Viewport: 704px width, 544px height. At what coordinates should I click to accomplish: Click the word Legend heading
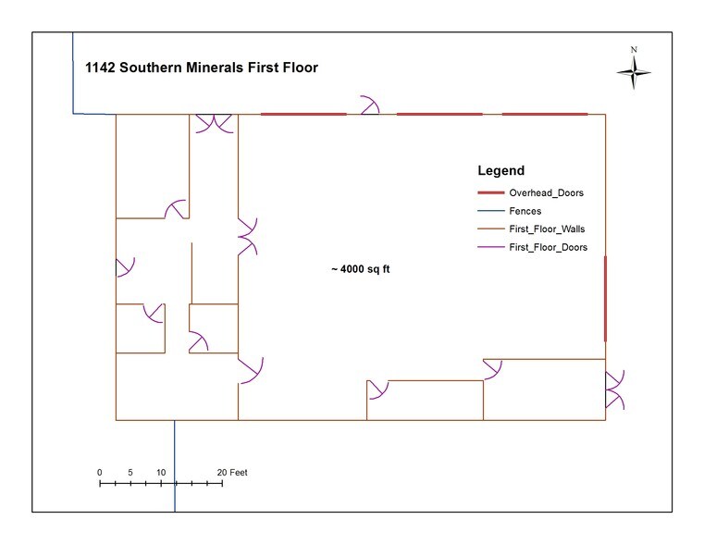tap(500, 170)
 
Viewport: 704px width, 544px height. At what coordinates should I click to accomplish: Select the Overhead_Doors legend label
tap(546, 193)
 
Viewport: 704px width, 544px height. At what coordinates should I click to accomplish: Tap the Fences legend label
tap(525, 211)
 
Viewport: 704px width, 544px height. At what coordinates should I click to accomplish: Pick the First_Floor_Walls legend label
tap(547, 229)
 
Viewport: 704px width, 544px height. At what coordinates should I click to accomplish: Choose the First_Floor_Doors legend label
tap(548, 247)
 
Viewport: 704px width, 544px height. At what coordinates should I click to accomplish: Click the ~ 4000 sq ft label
tap(361, 269)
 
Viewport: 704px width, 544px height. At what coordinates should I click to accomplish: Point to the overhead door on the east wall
tap(605, 299)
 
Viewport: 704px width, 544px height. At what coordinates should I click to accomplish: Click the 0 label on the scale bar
tap(100, 472)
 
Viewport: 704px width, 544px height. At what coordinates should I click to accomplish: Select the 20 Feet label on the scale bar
tap(232, 472)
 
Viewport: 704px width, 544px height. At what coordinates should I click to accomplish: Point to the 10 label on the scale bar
tap(161, 472)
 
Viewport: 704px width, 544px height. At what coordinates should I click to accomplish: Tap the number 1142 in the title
tap(100, 68)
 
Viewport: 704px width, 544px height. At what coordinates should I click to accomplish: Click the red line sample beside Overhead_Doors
tap(490, 193)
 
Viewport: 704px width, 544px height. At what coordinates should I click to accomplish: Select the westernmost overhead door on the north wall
tap(303, 114)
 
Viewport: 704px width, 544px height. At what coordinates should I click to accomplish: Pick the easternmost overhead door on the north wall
tap(545, 114)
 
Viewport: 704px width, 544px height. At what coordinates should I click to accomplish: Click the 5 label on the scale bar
tap(130, 472)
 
